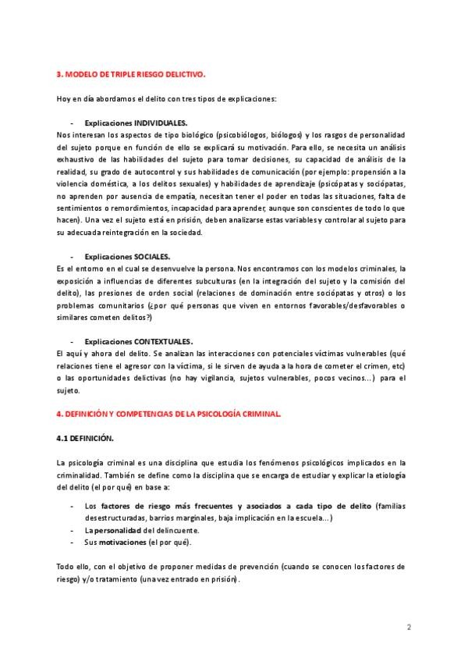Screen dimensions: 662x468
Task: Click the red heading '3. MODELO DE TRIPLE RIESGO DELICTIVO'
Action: (x=131, y=75)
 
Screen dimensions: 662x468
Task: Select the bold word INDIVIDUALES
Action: (x=161, y=123)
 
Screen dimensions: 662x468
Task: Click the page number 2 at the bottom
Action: (x=409, y=627)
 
